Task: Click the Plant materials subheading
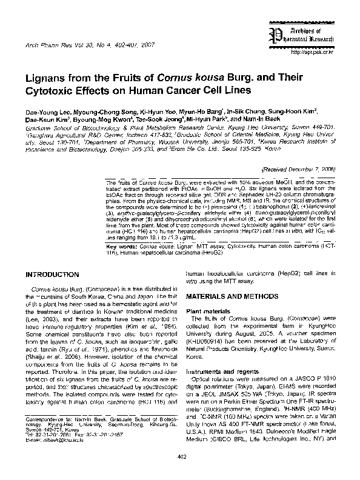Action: (x=210, y=311)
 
